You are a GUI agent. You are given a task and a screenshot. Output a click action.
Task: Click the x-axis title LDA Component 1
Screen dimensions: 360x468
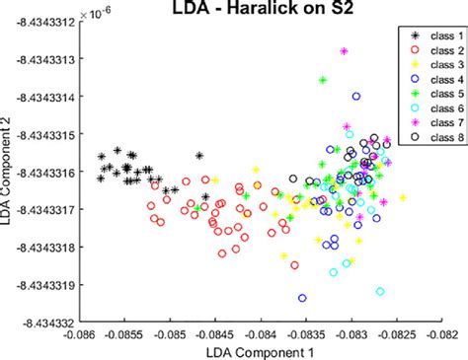(261, 351)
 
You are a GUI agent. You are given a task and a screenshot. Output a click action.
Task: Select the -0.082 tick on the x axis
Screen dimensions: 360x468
(440, 333)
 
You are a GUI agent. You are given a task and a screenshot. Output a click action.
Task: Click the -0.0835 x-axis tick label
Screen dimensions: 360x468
(305, 333)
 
